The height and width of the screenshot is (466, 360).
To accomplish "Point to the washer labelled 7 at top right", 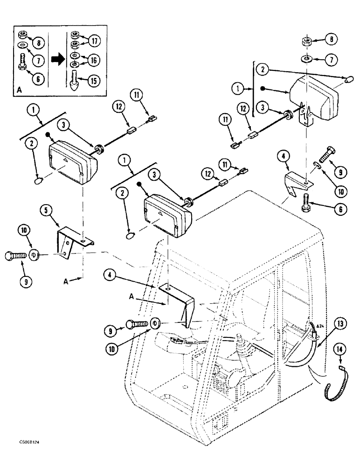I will coord(307,60).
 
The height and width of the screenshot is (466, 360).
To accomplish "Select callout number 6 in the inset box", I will coord(39,79).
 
